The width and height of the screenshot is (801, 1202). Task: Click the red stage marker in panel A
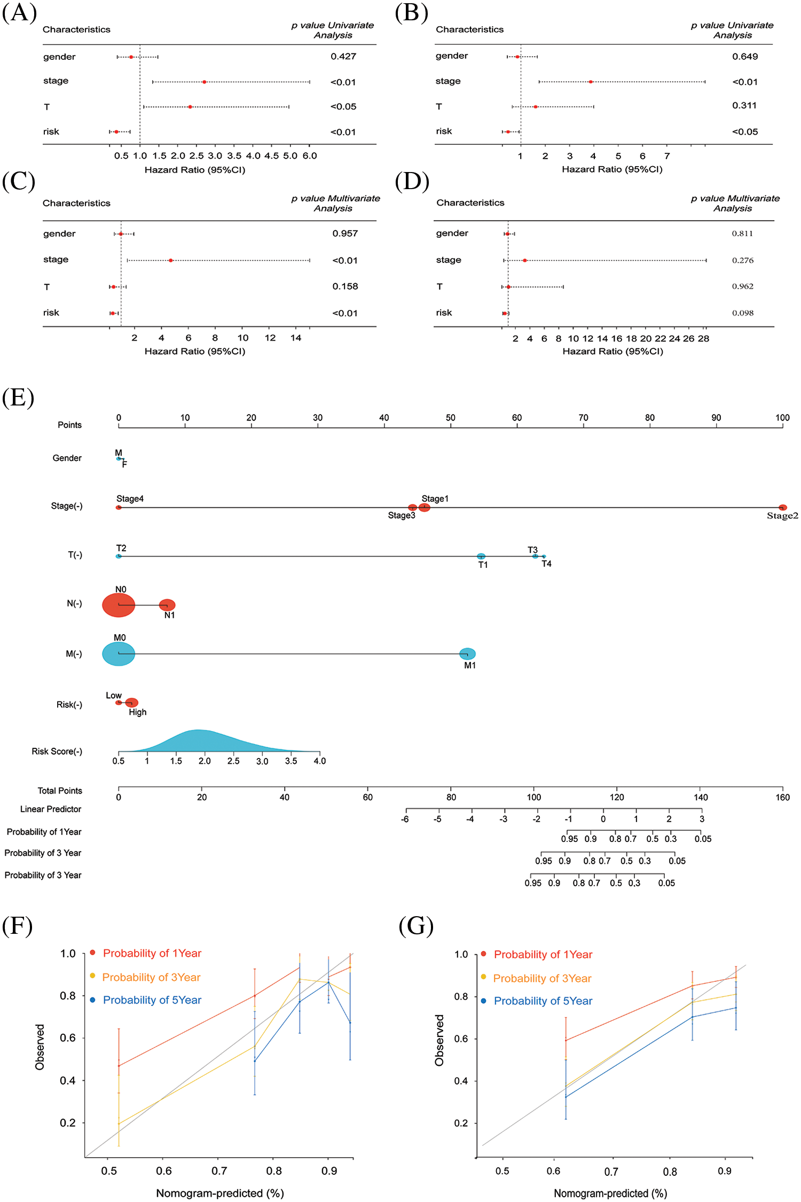tap(205, 82)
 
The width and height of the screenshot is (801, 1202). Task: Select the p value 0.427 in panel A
tap(343, 57)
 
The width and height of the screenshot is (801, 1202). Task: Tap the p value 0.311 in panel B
tap(744, 106)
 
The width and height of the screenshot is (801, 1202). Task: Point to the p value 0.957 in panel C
tap(345, 233)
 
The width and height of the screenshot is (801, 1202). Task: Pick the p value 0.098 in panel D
tap(743, 313)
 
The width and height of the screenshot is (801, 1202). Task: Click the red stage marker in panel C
tap(170, 260)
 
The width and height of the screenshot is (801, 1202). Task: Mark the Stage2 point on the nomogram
tap(782, 508)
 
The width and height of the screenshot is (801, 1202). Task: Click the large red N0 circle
tap(119, 605)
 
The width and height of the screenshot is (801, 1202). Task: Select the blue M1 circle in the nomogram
tap(467, 653)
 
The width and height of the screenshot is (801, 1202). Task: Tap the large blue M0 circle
tap(119, 653)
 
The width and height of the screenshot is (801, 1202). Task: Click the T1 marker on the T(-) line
tap(481, 557)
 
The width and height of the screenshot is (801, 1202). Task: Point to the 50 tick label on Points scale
tap(451, 418)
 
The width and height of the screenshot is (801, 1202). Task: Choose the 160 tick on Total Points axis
tap(782, 797)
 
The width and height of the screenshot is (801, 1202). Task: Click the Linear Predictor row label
tap(51, 809)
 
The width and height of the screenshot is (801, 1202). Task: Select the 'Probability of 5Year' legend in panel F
tap(152, 1000)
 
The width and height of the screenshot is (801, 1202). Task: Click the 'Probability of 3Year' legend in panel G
tap(542, 978)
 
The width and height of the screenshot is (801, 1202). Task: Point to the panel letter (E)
tap(18, 398)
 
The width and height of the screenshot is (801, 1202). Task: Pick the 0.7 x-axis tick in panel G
tap(611, 1172)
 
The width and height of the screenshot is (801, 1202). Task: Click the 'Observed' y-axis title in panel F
tap(40, 1047)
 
